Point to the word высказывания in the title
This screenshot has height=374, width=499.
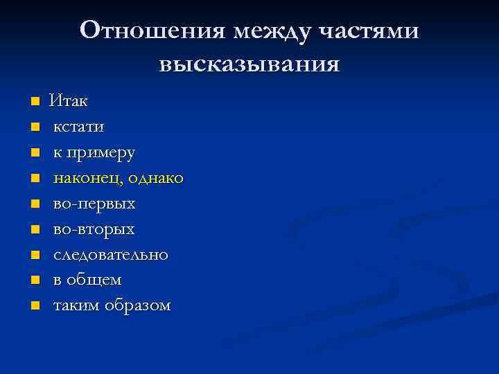pyautogui.click(x=249, y=64)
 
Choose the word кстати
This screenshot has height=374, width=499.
pyautogui.click(x=79, y=127)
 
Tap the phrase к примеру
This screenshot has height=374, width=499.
pyautogui.click(x=94, y=152)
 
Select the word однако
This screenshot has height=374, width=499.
pyautogui.click(x=156, y=178)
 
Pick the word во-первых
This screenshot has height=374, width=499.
pyautogui.click(x=94, y=204)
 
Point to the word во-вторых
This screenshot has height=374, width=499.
pyautogui.click(x=94, y=229)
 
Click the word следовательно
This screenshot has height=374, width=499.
pyautogui.click(x=111, y=254)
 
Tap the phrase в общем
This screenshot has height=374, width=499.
pyautogui.click(x=87, y=280)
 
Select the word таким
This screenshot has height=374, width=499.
pyautogui.click(x=77, y=305)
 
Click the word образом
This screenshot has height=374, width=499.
pyautogui.click(x=137, y=305)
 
